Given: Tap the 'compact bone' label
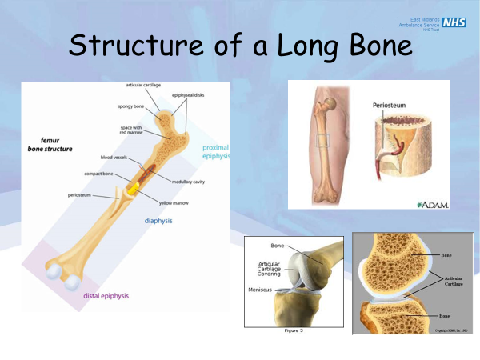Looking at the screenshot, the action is point(101,174).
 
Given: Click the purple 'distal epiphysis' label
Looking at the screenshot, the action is point(106,296).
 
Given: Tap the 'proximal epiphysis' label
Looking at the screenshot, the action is point(217,152).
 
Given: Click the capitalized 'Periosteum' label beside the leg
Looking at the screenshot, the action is point(392,105).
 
